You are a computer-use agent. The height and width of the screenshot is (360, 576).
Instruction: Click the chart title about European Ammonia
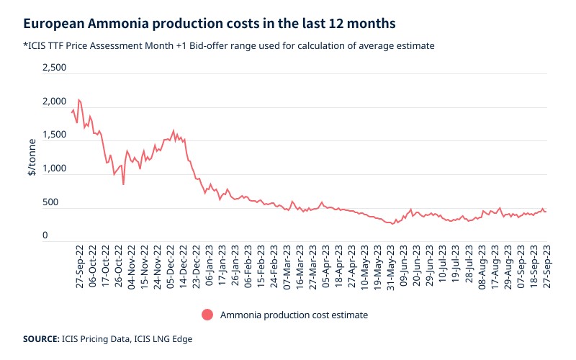[208, 23]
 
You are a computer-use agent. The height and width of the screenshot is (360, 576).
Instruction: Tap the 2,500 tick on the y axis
[55, 68]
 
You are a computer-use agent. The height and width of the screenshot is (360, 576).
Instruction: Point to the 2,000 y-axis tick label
[55, 102]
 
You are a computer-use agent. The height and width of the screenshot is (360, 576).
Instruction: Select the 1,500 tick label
[55, 135]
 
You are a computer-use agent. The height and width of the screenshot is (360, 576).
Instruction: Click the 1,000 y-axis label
[55, 169]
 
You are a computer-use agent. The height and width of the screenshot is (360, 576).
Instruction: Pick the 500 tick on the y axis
[60, 202]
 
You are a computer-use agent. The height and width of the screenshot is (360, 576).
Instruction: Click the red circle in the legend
[207, 315]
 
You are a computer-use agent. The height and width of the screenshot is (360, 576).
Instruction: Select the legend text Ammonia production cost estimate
[294, 315]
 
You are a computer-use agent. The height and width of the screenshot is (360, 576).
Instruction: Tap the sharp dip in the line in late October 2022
[123, 184]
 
